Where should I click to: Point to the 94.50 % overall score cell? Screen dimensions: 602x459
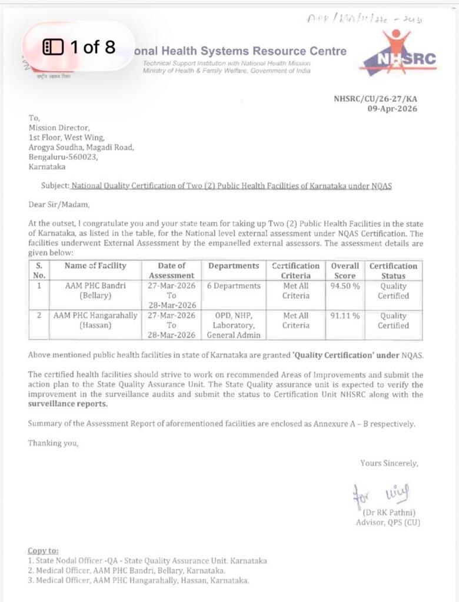pyautogui.click(x=345, y=286)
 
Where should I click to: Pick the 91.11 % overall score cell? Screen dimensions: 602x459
pyautogui.click(x=345, y=316)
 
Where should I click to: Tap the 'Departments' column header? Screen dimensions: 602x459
pyautogui.click(x=233, y=266)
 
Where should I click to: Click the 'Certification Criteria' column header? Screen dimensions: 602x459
pyautogui.click(x=295, y=270)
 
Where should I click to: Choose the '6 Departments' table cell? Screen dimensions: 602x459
pyautogui.click(x=234, y=286)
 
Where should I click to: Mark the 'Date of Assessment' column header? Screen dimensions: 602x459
pyautogui.click(x=171, y=270)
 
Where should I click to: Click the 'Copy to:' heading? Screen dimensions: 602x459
pyautogui.click(x=43, y=551)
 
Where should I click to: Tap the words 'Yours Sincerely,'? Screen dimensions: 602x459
pyautogui.click(x=389, y=463)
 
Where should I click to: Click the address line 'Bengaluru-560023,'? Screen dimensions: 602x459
pyautogui.click(x=63, y=157)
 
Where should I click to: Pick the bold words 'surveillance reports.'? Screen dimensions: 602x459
pyautogui.click(x=68, y=404)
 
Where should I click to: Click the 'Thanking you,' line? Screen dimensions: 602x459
pyautogui.click(x=52, y=443)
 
